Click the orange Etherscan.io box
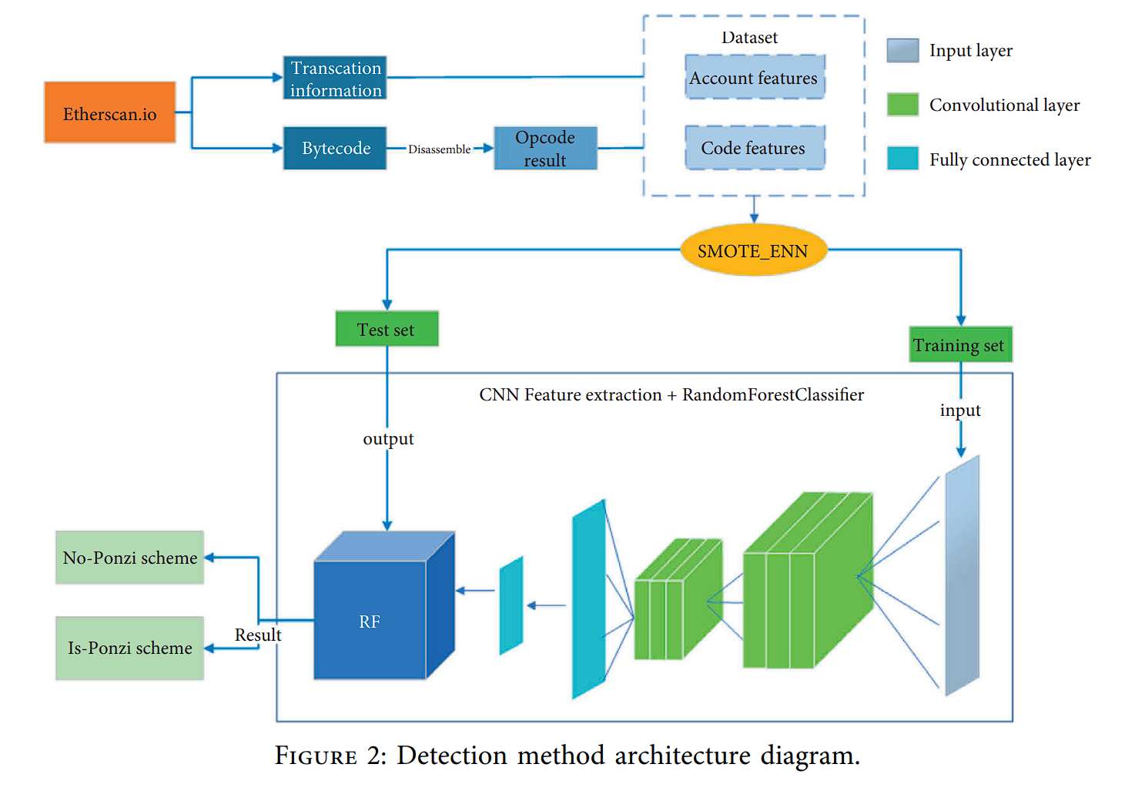pos(109,112)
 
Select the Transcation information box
pos(335,78)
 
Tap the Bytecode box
pos(335,148)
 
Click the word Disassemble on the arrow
pos(439,149)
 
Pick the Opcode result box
pos(545,148)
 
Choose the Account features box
pos(754,77)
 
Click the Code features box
pos(754,148)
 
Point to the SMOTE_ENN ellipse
pos(753,250)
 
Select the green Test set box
pos(387,329)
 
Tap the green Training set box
pos(959,344)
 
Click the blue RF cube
pos(370,620)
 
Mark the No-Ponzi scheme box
pos(129,557)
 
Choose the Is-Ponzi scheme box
pos(129,648)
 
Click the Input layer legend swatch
pos(902,50)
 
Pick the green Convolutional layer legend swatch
pos(902,104)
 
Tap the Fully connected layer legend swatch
pos(902,158)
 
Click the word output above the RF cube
pos(388,439)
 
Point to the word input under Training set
pos(960,411)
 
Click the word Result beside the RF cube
pos(258,635)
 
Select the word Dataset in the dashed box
pos(749,38)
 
